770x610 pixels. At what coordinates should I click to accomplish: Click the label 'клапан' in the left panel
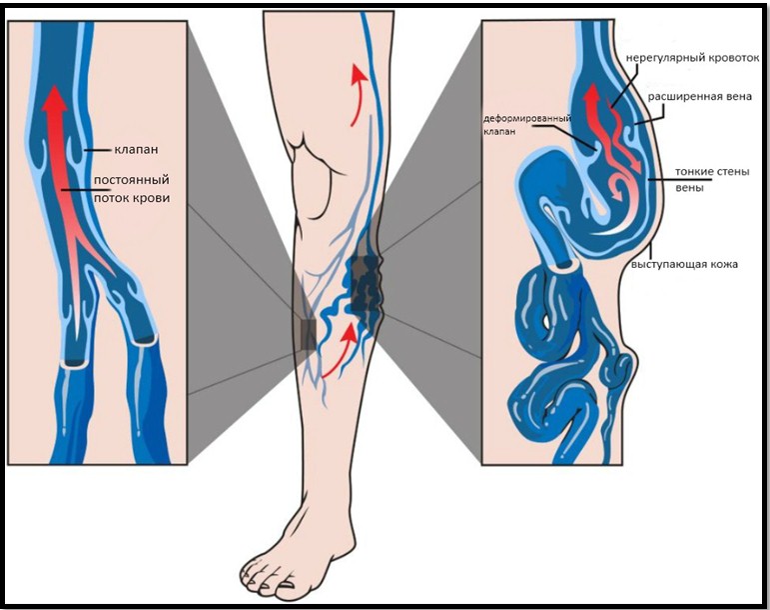tap(136, 150)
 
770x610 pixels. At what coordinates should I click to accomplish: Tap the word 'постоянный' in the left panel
tap(132, 180)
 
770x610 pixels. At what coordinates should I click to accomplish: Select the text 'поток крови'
tap(132, 198)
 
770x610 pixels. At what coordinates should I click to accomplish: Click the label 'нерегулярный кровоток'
tap(692, 58)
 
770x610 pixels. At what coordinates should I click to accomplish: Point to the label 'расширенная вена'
tap(700, 96)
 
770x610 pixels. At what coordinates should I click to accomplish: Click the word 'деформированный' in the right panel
tap(527, 119)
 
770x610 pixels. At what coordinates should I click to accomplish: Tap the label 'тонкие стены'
tap(712, 172)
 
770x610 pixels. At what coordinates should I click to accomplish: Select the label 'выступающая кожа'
tap(684, 264)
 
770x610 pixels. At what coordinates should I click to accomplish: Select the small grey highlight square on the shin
tap(308, 335)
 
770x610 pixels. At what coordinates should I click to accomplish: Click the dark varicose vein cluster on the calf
tap(365, 284)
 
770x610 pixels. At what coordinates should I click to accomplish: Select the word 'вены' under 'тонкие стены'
tap(689, 188)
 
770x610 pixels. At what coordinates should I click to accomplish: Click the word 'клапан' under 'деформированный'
tap(499, 132)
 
